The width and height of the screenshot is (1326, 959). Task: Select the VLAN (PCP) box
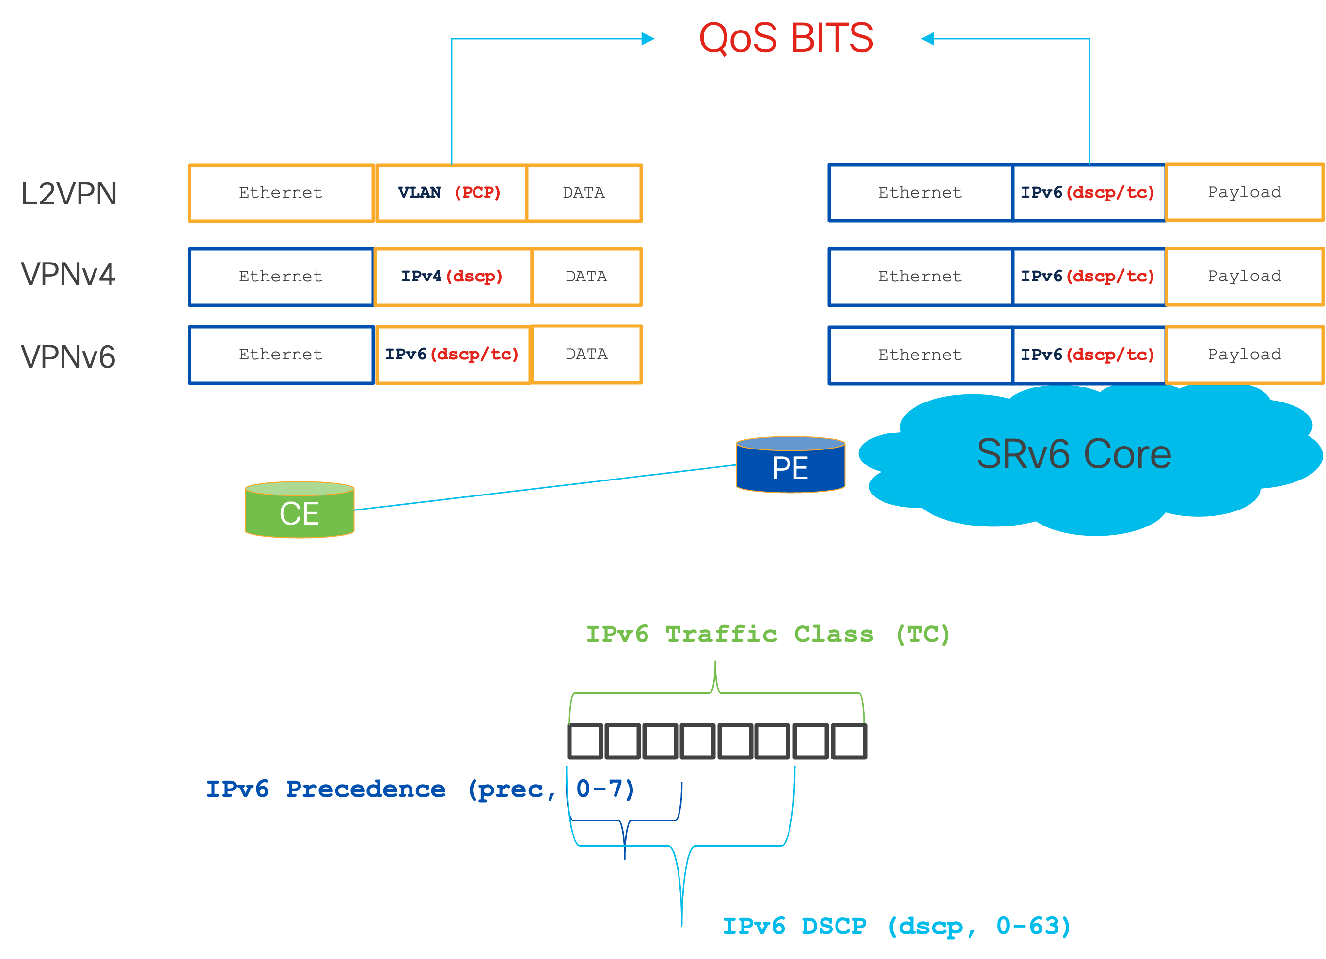pos(450,193)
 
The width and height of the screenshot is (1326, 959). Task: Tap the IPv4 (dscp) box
pos(452,277)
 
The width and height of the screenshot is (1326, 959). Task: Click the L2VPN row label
pos(69,193)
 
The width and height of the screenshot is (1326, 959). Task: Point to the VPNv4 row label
pos(68,274)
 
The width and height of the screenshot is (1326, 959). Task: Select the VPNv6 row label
pos(68,356)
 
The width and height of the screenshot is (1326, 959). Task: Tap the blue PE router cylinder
pos(790,466)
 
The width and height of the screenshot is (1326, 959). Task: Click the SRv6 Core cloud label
pos(1073,454)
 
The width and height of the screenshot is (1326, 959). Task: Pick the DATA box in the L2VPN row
pos(584,193)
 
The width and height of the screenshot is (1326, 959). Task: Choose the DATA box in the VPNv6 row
pos(586,354)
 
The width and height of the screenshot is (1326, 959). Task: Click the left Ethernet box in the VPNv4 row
pos(281,277)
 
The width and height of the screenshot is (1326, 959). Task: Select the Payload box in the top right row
pos(1244,192)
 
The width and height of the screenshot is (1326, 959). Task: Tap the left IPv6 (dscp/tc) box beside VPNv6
pos(452,355)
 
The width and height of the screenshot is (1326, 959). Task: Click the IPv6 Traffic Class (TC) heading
pos(768,634)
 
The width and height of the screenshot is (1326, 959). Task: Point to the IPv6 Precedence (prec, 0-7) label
pos(420,789)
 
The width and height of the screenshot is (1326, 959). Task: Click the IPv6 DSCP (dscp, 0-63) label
pos(896,926)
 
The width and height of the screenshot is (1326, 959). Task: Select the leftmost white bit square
pos(585,741)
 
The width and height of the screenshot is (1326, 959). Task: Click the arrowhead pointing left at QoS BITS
pos(928,39)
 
